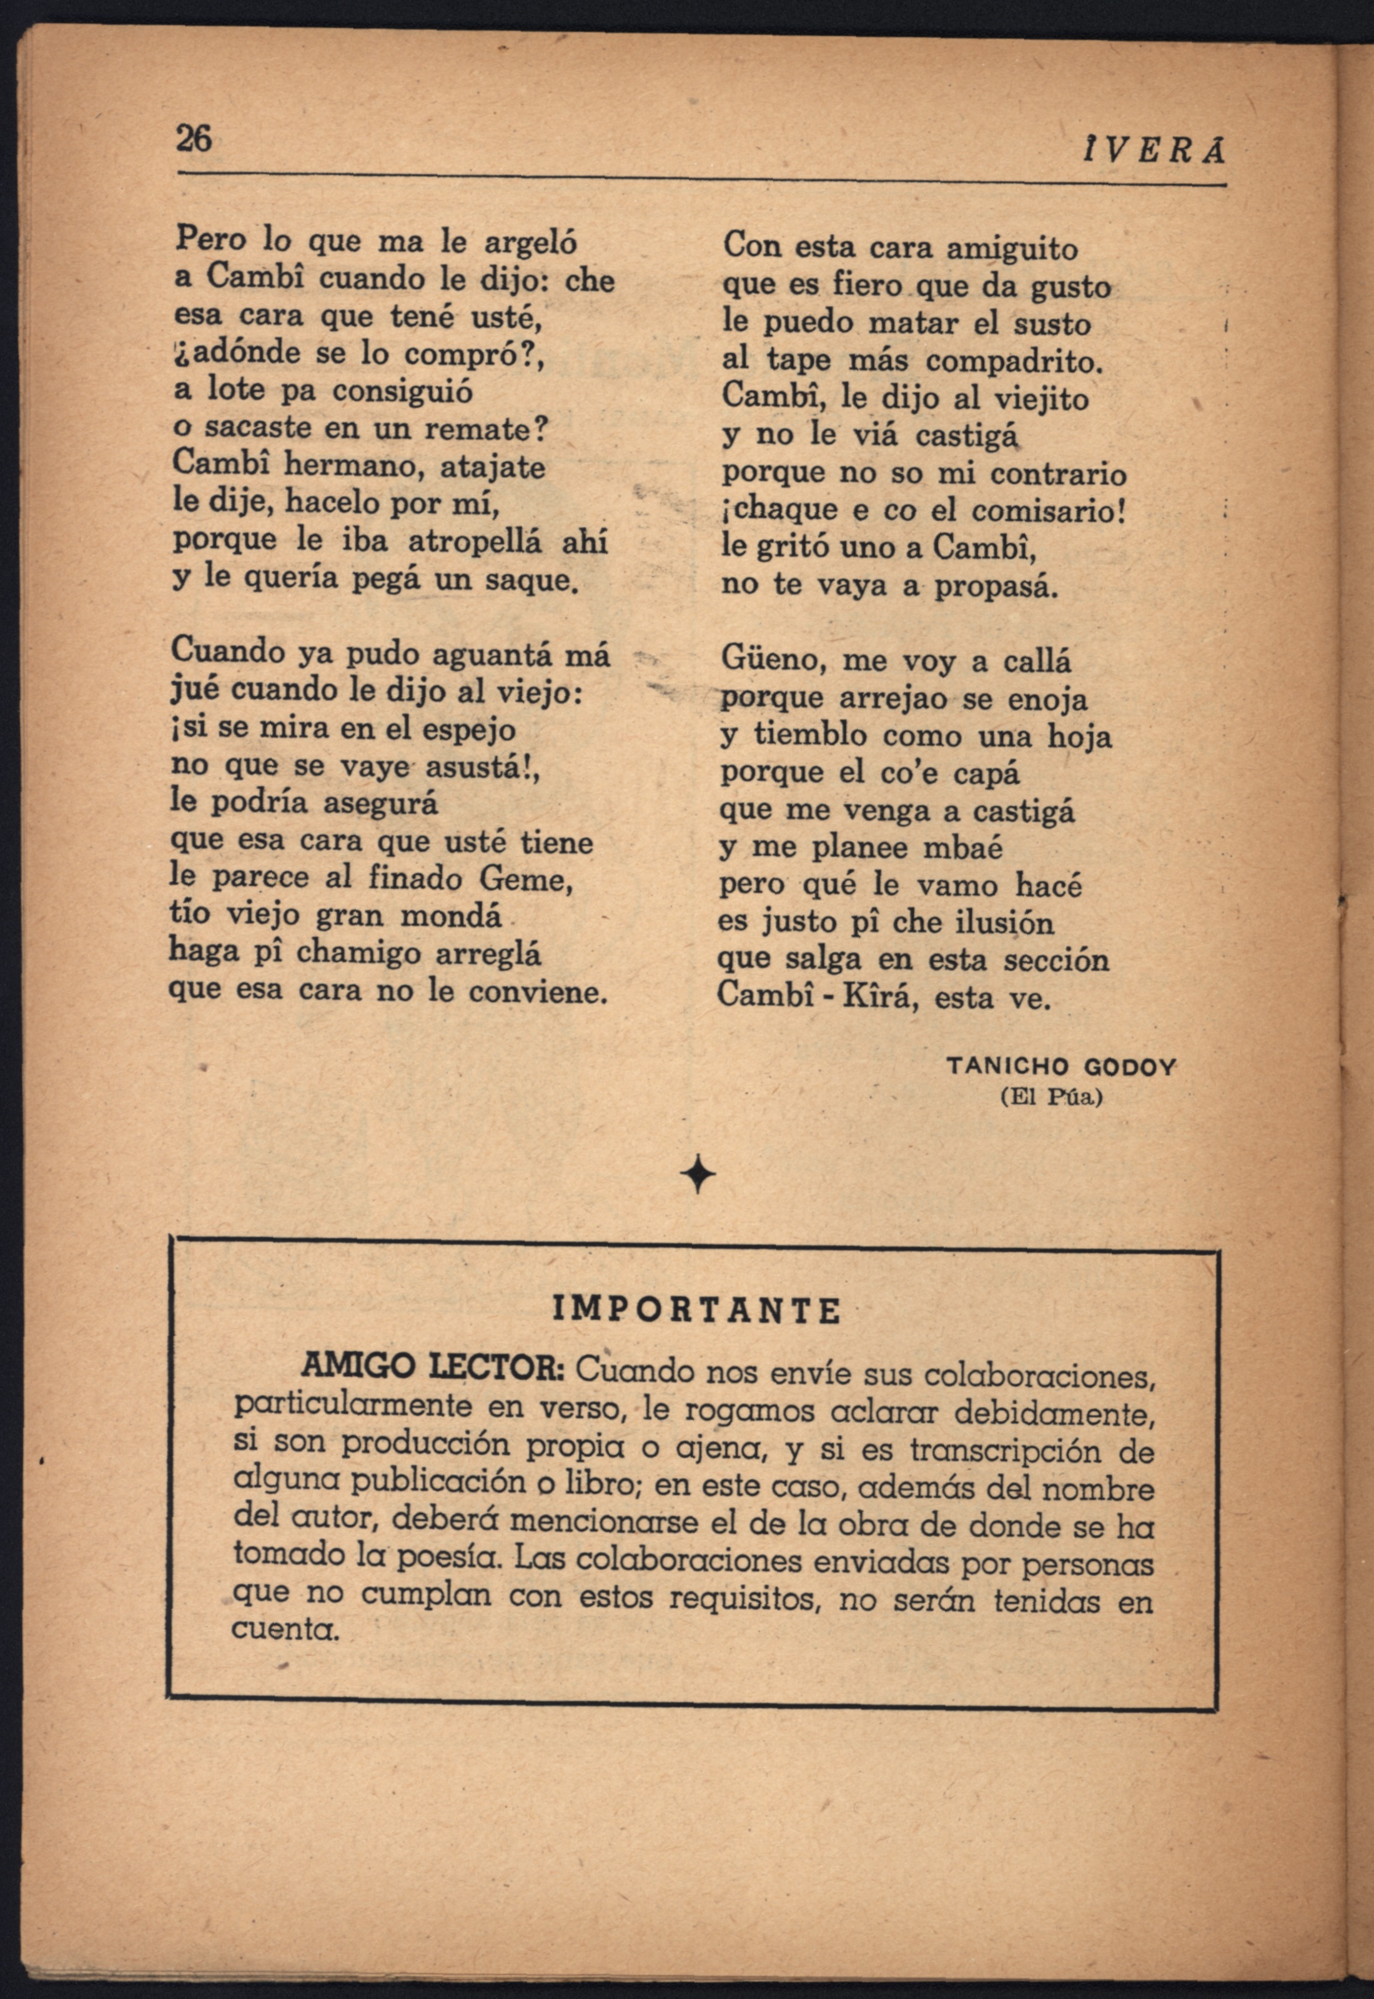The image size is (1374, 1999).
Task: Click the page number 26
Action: (x=194, y=137)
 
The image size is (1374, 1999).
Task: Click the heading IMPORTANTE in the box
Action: (x=696, y=1311)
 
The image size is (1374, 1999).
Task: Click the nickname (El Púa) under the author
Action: (x=1051, y=1098)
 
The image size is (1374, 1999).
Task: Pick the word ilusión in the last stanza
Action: (x=1004, y=923)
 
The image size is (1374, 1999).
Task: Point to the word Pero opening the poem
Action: (x=210, y=239)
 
